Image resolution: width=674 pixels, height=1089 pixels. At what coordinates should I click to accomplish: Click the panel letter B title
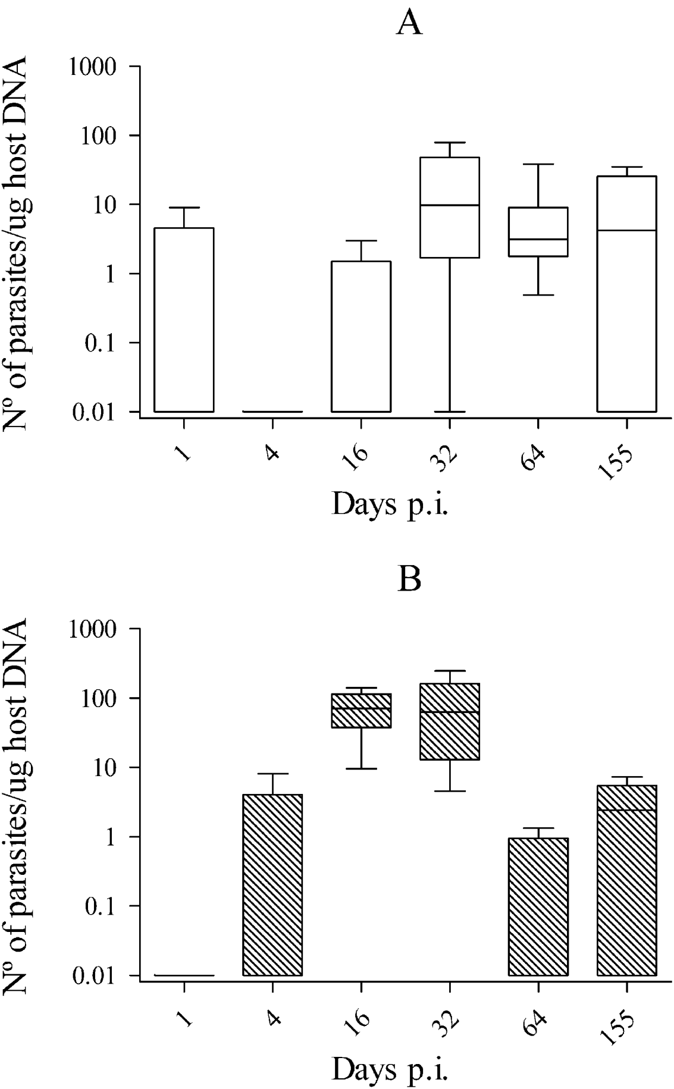(x=409, y=579)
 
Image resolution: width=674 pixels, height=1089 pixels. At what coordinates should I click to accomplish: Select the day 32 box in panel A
(x=449, y=207)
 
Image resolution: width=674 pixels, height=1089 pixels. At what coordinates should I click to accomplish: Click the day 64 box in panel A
(x=538, y=232)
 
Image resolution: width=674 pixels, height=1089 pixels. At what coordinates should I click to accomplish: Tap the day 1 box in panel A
(x=184, y=319)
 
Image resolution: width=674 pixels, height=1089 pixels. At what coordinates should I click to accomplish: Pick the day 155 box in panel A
(x=626, y=294)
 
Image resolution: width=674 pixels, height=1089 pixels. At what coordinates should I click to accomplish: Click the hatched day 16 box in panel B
(x=361, y=710)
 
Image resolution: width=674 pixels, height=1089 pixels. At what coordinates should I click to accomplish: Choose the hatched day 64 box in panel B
(x=538, y=906)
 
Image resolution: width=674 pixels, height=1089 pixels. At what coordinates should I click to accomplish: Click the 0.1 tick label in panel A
(x=109, y=343)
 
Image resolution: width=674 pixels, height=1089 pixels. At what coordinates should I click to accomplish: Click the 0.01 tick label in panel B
(x=101, y=975)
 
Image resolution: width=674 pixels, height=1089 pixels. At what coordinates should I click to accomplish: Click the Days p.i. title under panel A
(x=390, y=506)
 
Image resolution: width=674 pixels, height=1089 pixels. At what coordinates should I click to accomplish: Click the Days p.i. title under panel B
(x=390, y=1069)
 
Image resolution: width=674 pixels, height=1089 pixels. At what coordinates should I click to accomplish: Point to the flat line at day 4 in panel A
(x=272, y=411)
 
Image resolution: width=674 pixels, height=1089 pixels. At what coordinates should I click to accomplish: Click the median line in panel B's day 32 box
(x=449, y=712)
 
